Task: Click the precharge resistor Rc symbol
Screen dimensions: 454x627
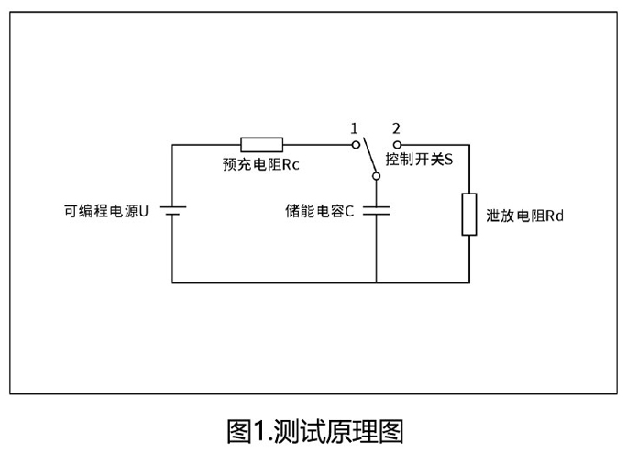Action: pyautogui.click(x=261, y=144)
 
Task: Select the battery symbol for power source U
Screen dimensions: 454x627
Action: pyautogui.click(x=172, y=212)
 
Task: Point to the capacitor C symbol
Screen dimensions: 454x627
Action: pyautogui.click(x=377, y=211)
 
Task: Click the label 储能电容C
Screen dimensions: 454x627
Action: pyautogui.click(x=320, y=211)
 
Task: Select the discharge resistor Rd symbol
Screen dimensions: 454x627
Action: pyautogui.click(x=468, y=215)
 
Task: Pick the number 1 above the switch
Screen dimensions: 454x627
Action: pyautogui.click(x=354, y=128)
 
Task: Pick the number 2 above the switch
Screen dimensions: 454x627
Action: pyautogui.click(x=395, y=128)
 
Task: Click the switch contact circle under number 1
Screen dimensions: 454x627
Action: pyautogui.click(x=356, y=144)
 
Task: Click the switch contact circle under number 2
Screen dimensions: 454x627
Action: pyautogui.click(x=396, y=144)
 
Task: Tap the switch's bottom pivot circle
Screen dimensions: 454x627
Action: pyautogui.click(x=377, y=177)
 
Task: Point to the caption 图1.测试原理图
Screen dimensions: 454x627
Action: pyautogui.click(x=313, y=430)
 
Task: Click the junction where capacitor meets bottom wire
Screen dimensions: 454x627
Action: pyautogui.click(x=377, y=282)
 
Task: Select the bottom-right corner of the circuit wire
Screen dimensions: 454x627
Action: pyautogui.click(x=468, y=282)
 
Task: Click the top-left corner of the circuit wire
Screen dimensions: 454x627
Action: pyautogui.click(x=172, y=144)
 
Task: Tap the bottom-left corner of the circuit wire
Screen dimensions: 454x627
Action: pyautogui.click(x=172, y=282)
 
